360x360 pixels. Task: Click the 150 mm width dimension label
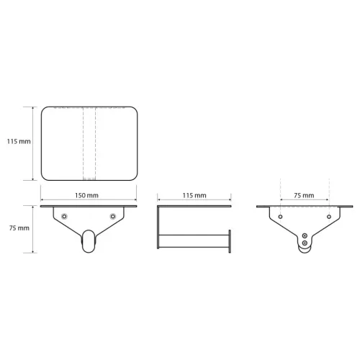coord(86,195)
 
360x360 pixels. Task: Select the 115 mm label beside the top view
coord(19,141)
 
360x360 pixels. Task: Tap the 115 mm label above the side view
coord(194,195)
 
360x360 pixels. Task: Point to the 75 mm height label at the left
coord(19,228)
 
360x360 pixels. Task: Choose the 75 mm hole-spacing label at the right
coord(304,195)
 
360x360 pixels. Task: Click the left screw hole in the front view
coord(64,216)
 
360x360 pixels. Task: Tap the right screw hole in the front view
coord(112,216)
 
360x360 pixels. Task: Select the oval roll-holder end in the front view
coord(89,241)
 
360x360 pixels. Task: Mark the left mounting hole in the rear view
coord(280,217)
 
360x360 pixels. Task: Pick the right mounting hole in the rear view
coord(329,217)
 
